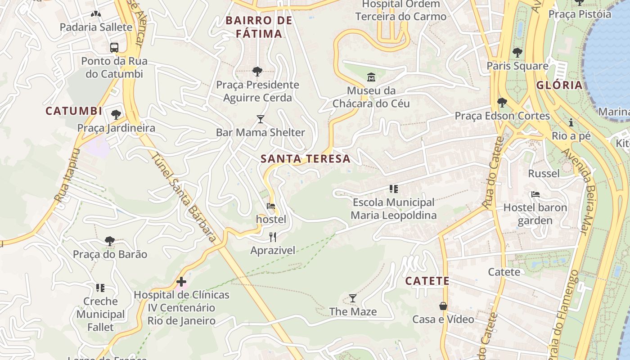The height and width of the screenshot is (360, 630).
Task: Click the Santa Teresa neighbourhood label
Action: coord(305,158)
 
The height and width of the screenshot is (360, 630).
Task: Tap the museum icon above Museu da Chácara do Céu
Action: coord(371,77)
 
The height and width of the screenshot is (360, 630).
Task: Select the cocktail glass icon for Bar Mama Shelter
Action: coord(261,119)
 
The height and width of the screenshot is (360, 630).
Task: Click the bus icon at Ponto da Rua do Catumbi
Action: coord(114,47)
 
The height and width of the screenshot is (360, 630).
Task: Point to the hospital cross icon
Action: coord(181,282)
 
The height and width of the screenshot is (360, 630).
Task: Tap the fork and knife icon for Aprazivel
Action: coord(273,237)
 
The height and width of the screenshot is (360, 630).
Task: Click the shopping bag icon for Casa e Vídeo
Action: coord(443,306)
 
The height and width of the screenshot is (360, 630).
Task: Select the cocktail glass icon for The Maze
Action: coord(353,298)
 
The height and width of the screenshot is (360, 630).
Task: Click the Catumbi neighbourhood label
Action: coord(74,111)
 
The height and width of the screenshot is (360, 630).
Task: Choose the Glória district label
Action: coord(559,85)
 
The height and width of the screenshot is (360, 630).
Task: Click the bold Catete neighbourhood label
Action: coord(427,281)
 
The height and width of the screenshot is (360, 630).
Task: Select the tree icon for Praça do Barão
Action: coord(110,241)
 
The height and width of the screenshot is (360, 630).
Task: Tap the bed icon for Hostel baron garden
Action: coord(535,194)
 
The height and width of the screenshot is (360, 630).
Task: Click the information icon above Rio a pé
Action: coord(571,122)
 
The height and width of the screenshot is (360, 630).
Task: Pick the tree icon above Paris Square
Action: coord(517,52)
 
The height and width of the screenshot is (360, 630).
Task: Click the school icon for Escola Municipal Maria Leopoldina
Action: coord(394,189)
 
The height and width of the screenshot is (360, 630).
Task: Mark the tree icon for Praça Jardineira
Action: coord(116,114)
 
